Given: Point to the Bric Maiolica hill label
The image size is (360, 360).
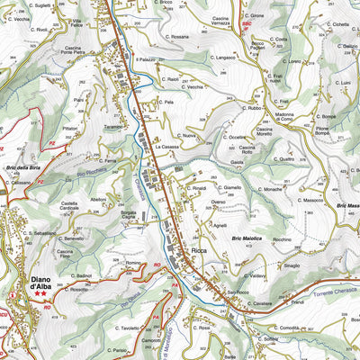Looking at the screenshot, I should tap(246, 237).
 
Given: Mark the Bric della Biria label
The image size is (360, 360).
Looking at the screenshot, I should tap(23, 168).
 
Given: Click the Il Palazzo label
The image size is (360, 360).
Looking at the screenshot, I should tap(146, 60).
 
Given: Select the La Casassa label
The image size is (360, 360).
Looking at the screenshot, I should tap(167, 147).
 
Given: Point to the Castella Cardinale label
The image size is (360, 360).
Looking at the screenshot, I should tap(70, 206).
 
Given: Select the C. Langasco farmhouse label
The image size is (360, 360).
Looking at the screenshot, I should tap(220, 57).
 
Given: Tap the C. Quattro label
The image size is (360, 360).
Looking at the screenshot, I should tap(280, 159).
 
